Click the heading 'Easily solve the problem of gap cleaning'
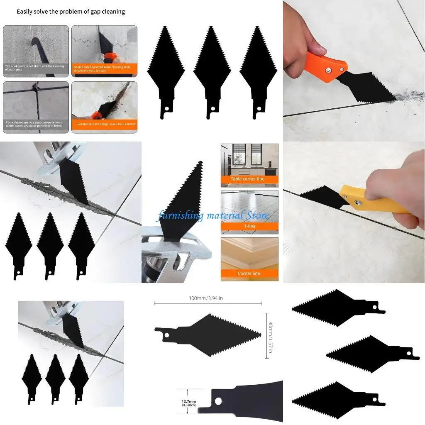tap(71, 12)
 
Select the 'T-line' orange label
tap(249, 226)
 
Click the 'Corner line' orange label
tap(249, 273)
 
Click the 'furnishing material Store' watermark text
tap(212, 216)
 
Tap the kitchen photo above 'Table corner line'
tap(249, 159)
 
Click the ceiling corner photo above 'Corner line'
tap(249, 253)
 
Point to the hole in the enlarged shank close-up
tap(219, 401)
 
